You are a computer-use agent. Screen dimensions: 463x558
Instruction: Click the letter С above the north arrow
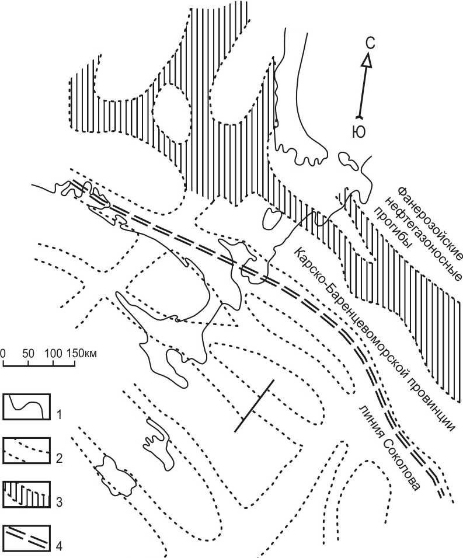pyautogui.click(x=371, y=43)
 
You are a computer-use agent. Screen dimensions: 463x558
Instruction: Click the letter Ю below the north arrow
pyautogui.click(x=360, y=132)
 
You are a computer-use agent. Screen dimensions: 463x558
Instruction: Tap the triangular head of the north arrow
pyautogui.click(x=367, y=61)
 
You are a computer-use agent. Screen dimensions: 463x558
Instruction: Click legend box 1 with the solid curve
pyautogui.click(x=26, y=406)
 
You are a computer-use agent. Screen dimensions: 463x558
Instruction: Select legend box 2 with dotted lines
pyautogui.click(x=26, y=451)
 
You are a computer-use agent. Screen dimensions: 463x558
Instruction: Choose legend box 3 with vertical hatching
pyautogui.click(x=26, y=494)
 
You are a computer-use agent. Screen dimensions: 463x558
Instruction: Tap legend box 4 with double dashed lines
pyautogui.click(x=26, y=538)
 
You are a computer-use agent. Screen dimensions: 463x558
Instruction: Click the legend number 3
pyautogui.click(x=59, y=502)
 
